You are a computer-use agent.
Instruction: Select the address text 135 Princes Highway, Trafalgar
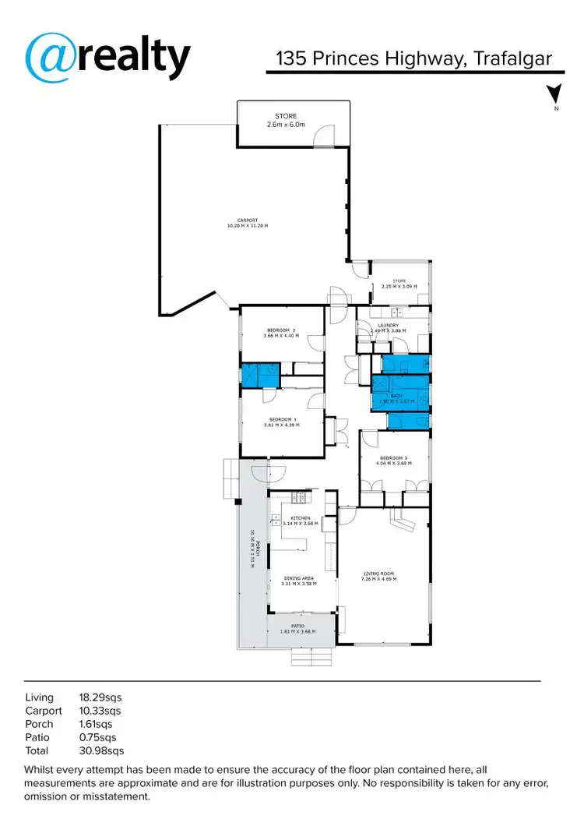pos(415,59)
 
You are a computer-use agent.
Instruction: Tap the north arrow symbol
pos(554,95)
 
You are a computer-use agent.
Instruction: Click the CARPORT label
pos(247,223)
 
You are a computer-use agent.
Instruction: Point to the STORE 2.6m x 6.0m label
pos(286,121)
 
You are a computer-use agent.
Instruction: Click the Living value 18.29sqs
pos(100,697)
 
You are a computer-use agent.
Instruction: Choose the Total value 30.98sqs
pos(101,751)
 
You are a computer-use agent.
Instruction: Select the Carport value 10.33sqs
pos(100,711)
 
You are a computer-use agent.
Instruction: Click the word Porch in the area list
pos(38,724)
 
